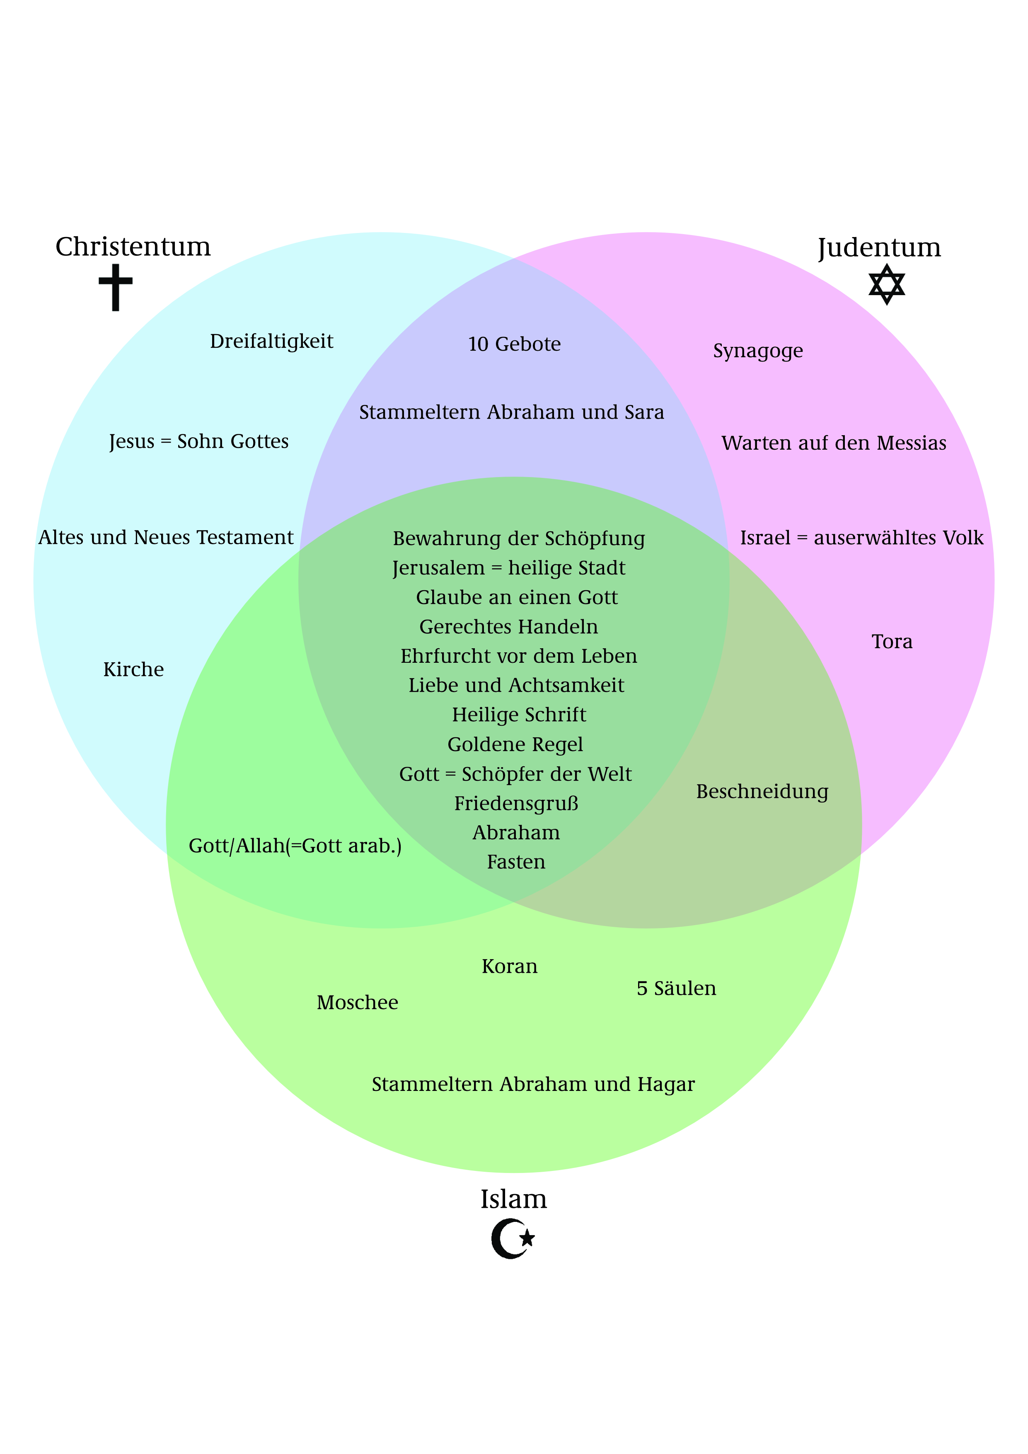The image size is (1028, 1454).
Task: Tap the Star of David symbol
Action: tap(886, 284)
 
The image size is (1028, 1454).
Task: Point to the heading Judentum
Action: tap(879, 247)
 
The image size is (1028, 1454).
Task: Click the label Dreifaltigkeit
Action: tap(271, 342)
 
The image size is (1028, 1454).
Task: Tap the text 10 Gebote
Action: tap(514, 344)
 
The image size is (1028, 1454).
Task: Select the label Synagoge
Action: tap(758, 351)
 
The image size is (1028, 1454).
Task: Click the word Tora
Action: tap(892, 642)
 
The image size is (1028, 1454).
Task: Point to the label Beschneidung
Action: tap(762, 792)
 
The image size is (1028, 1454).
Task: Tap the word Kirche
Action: tap(133, 669)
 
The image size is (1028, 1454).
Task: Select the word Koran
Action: tap(510, 967)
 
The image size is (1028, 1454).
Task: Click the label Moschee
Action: tap(358, 1003)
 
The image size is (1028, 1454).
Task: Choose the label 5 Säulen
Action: tap(676, 989)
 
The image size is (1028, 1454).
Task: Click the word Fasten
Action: tap(516, 862)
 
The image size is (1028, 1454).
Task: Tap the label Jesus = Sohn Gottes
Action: tap(199, 441)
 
